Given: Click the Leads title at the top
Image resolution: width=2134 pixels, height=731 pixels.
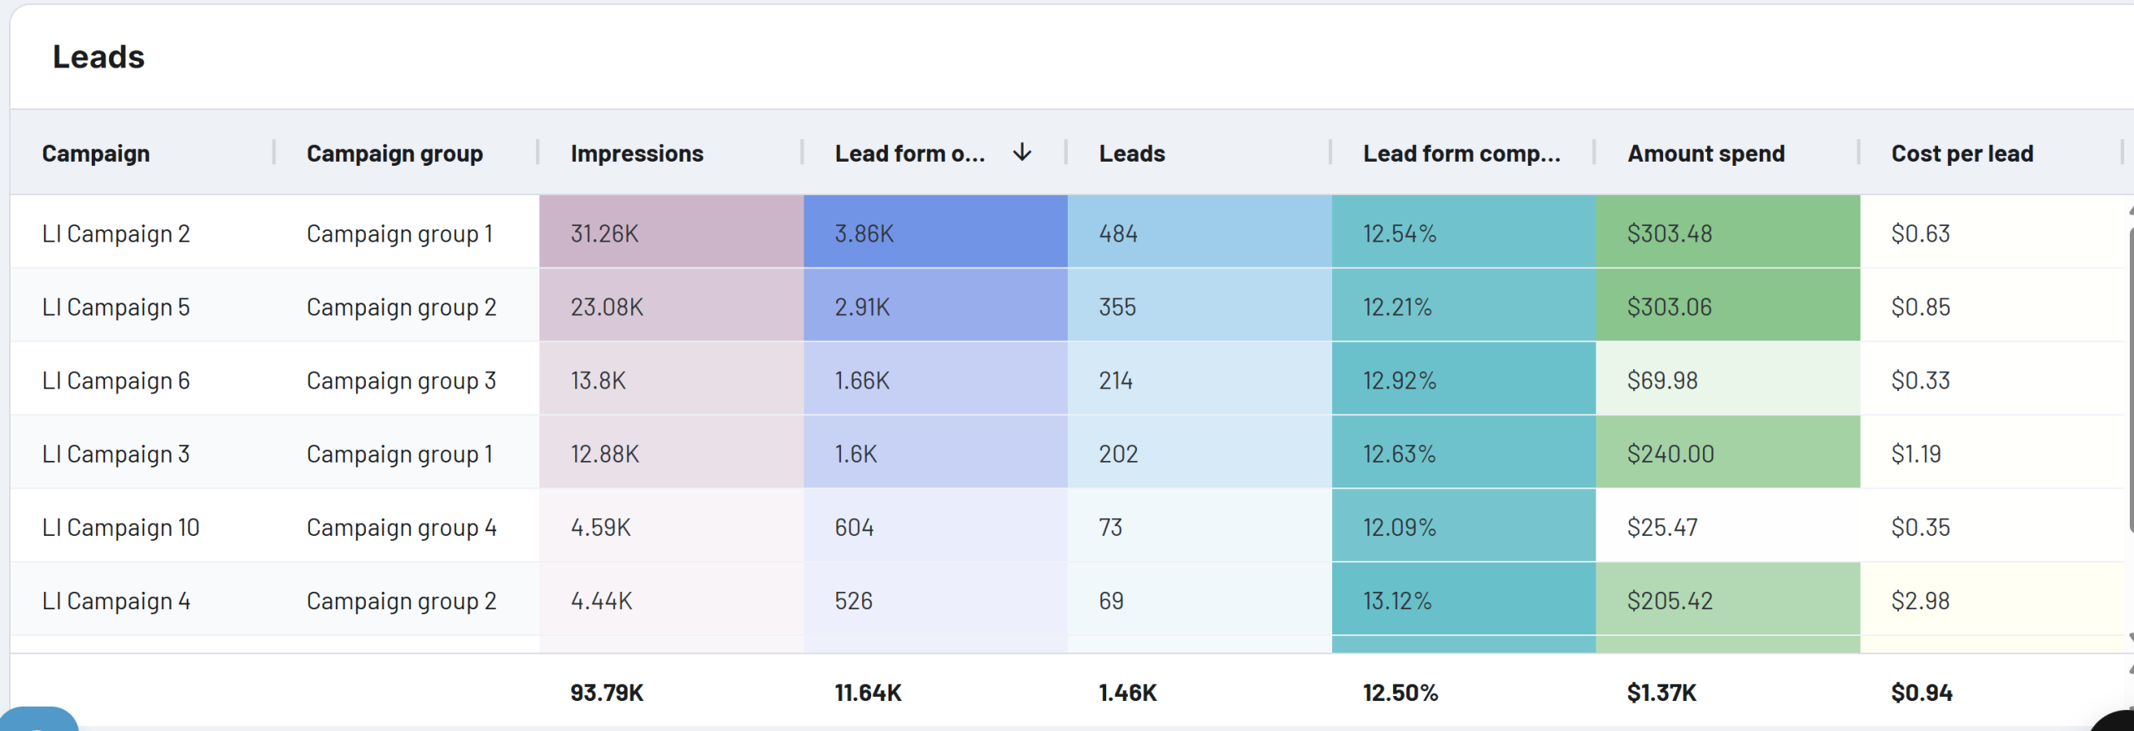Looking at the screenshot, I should point(98,57).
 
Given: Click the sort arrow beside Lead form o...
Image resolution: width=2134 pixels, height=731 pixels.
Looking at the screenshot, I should point(1022,153).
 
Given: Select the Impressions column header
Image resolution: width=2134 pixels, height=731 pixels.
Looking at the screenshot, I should point(637,153).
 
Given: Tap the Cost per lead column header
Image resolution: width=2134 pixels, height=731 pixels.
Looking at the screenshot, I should point(1962,153).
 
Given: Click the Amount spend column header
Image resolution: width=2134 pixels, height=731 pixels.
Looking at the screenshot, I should point(1706,153).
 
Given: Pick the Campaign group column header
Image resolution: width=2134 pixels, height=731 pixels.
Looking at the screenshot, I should point(394,153).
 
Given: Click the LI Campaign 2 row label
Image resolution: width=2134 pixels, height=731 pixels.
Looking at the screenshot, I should point(116,233).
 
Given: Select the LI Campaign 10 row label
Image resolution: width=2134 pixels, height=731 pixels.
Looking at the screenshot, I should point(121,528).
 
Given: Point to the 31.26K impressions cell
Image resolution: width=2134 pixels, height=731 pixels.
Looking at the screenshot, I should point(604,233).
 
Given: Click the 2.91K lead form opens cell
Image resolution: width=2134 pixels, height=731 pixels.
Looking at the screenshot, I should point(862,307).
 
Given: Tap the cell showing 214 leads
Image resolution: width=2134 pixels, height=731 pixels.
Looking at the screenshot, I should point(1115,381).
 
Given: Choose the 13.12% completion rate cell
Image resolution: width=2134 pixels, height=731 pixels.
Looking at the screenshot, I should point(1397,601).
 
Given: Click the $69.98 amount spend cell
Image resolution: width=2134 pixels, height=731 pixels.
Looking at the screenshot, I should point(1662,381).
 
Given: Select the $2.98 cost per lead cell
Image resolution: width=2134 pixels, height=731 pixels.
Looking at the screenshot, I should point(1920,601).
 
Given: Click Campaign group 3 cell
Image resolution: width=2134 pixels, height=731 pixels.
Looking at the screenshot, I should point(401,381).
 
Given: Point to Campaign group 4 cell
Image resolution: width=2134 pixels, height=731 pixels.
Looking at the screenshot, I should point(401,528).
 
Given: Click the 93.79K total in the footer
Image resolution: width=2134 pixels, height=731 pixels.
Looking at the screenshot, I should point(606,693).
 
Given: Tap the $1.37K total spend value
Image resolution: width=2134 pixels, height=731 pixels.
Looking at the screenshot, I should point(1661,693).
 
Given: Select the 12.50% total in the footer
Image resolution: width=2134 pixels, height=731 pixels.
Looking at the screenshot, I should point(1400,693).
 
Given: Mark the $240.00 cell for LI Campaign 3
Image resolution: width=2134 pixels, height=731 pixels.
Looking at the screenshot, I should point(1671,454).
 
